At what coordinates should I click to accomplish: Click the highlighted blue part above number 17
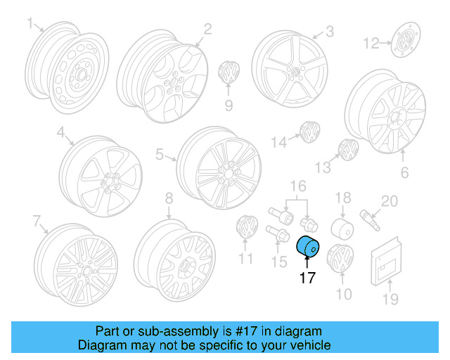click(x=308, y=247)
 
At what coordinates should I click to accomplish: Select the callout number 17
click(x=307, y=278)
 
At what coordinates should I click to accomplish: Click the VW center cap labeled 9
click(x=229, y=72)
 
